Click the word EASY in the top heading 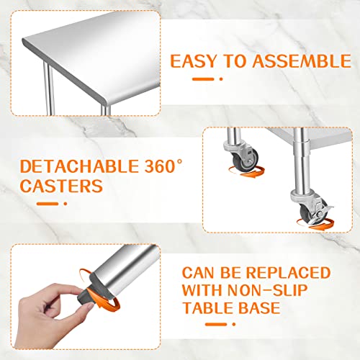coord(194,61)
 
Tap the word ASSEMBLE coord(302,61)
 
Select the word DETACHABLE coord(79,166)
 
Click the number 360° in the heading coord(163,166)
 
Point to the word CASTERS coord(61,186)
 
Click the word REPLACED coord(288,273)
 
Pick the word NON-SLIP coord(267,290)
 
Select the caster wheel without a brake coord(246,159)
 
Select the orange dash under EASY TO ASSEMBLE coord(203,79)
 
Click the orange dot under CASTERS coord(66,204)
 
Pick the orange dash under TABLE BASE coord(216,325)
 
